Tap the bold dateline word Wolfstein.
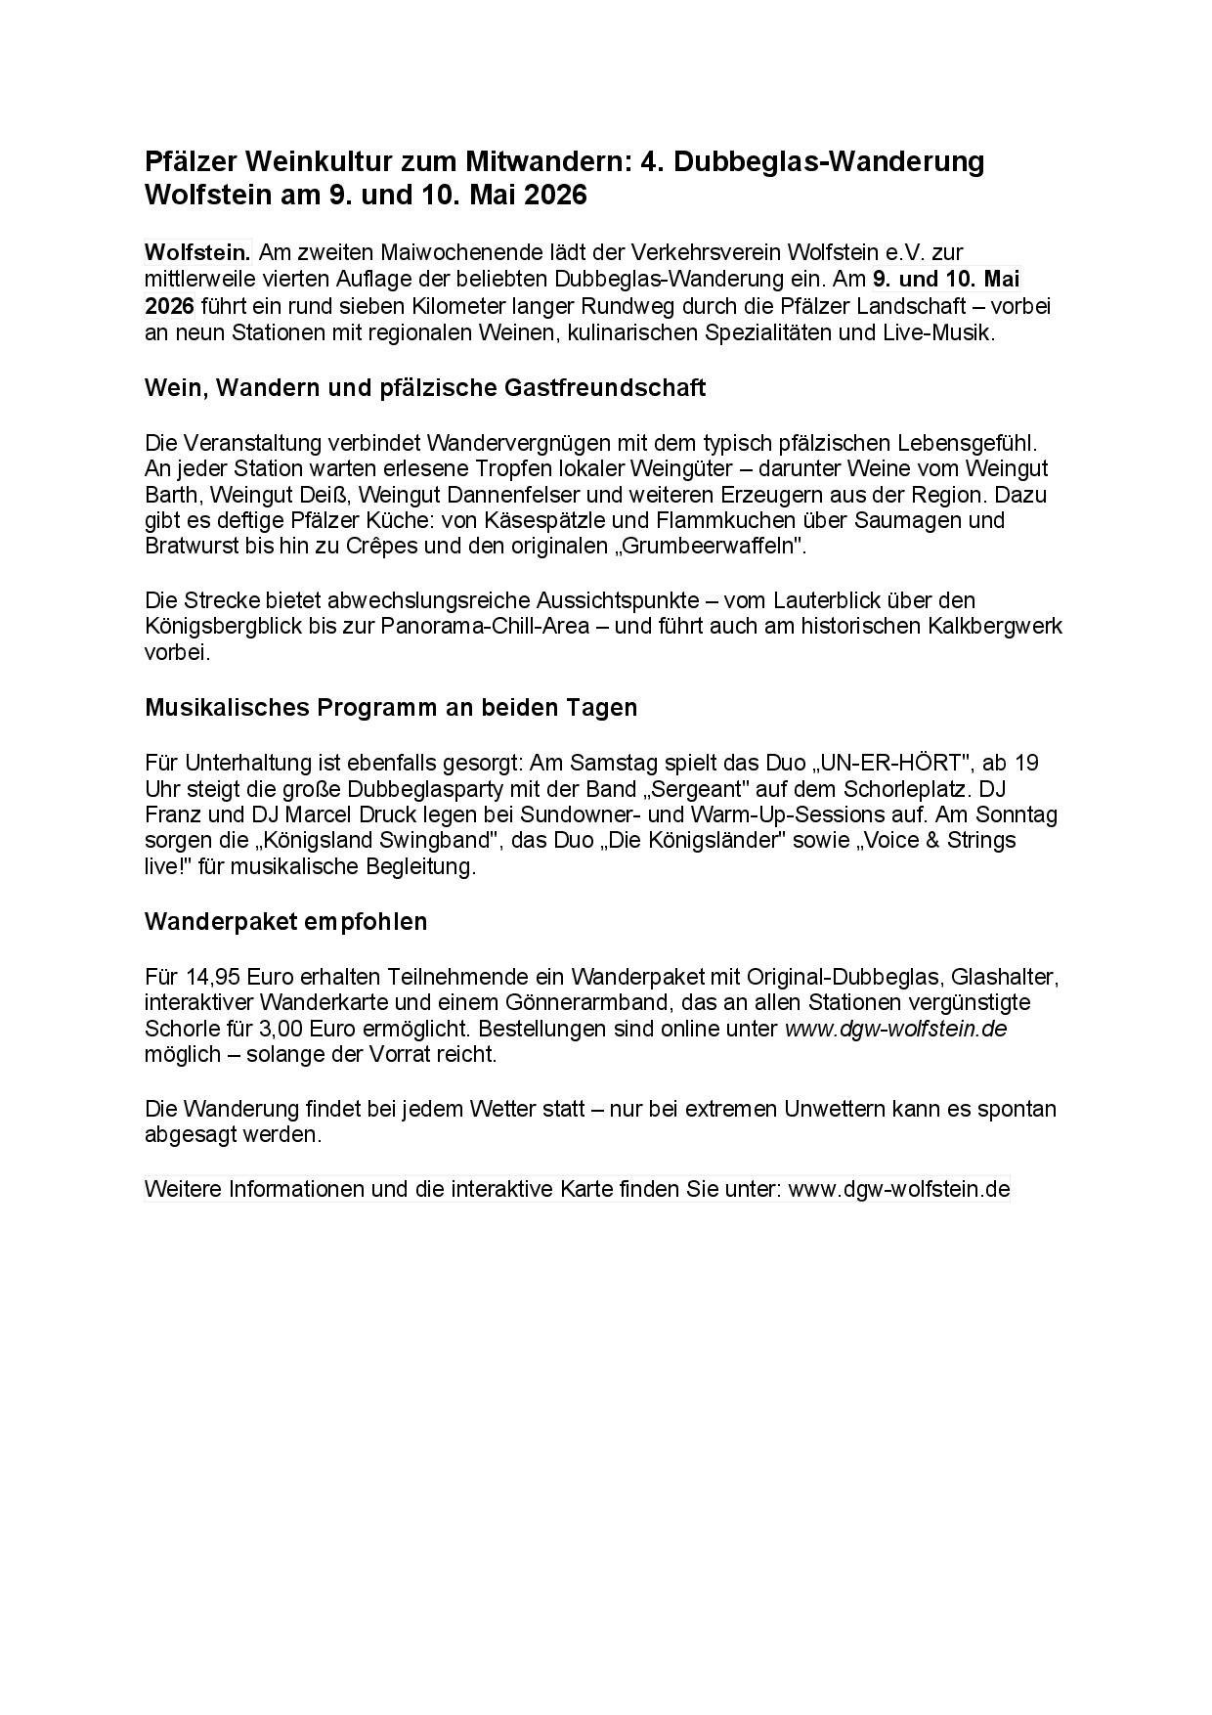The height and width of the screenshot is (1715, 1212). click(x=197, y=252)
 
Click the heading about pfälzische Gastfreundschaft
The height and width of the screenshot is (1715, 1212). click(x=424, y=387)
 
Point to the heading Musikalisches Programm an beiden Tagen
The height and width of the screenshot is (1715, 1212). click(x=390, y=707)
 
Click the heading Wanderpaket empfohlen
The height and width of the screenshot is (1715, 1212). click(x=285, y=921)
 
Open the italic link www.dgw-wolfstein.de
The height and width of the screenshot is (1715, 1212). click(x=895, y=1029)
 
